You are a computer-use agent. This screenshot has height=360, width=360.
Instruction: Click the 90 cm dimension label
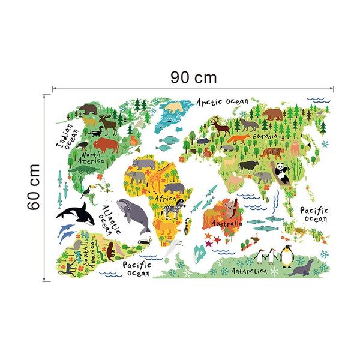[193, 77]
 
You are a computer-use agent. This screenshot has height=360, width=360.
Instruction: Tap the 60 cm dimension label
[34, 186]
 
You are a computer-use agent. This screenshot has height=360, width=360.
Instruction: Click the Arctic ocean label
[222, 102]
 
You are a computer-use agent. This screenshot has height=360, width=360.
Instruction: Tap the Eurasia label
[265, 137]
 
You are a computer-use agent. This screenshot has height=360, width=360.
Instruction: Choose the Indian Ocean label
[65, 137]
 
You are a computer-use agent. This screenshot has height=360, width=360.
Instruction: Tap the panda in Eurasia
[281, 173]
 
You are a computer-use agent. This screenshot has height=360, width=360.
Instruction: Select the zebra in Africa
[173, 210]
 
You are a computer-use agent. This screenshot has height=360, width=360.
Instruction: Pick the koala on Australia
[229, 208]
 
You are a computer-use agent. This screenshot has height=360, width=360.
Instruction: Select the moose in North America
[108, 124]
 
